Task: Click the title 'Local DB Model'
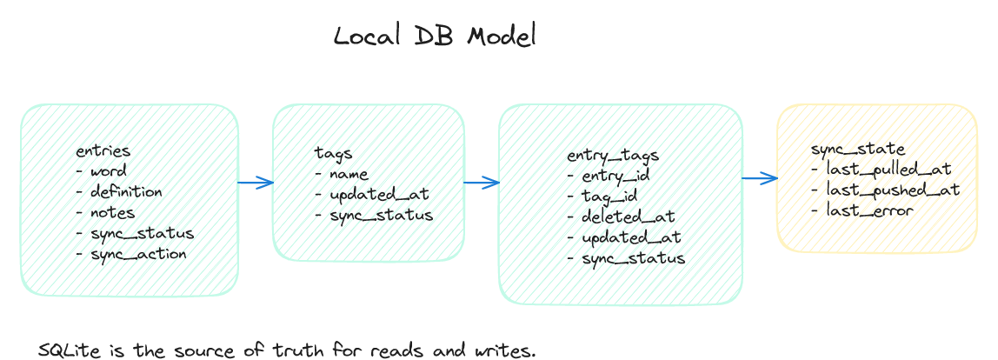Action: (x=436, y=37)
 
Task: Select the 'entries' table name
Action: (x=103, y=151)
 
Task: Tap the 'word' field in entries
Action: (x=108, y=171)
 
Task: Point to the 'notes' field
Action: (x=112, y=213)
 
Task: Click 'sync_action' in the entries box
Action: (x=137, y=254)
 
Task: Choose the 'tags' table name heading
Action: (x=333, y=154)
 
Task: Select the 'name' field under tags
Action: (x=349, y=175)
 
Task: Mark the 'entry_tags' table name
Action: (x=613, y=156)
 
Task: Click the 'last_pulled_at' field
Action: (x=888, y=169)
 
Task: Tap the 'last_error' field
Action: (x=869, y=210)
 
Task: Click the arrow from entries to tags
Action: (x=256, y=183)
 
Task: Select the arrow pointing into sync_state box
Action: (x=759, y=178)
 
